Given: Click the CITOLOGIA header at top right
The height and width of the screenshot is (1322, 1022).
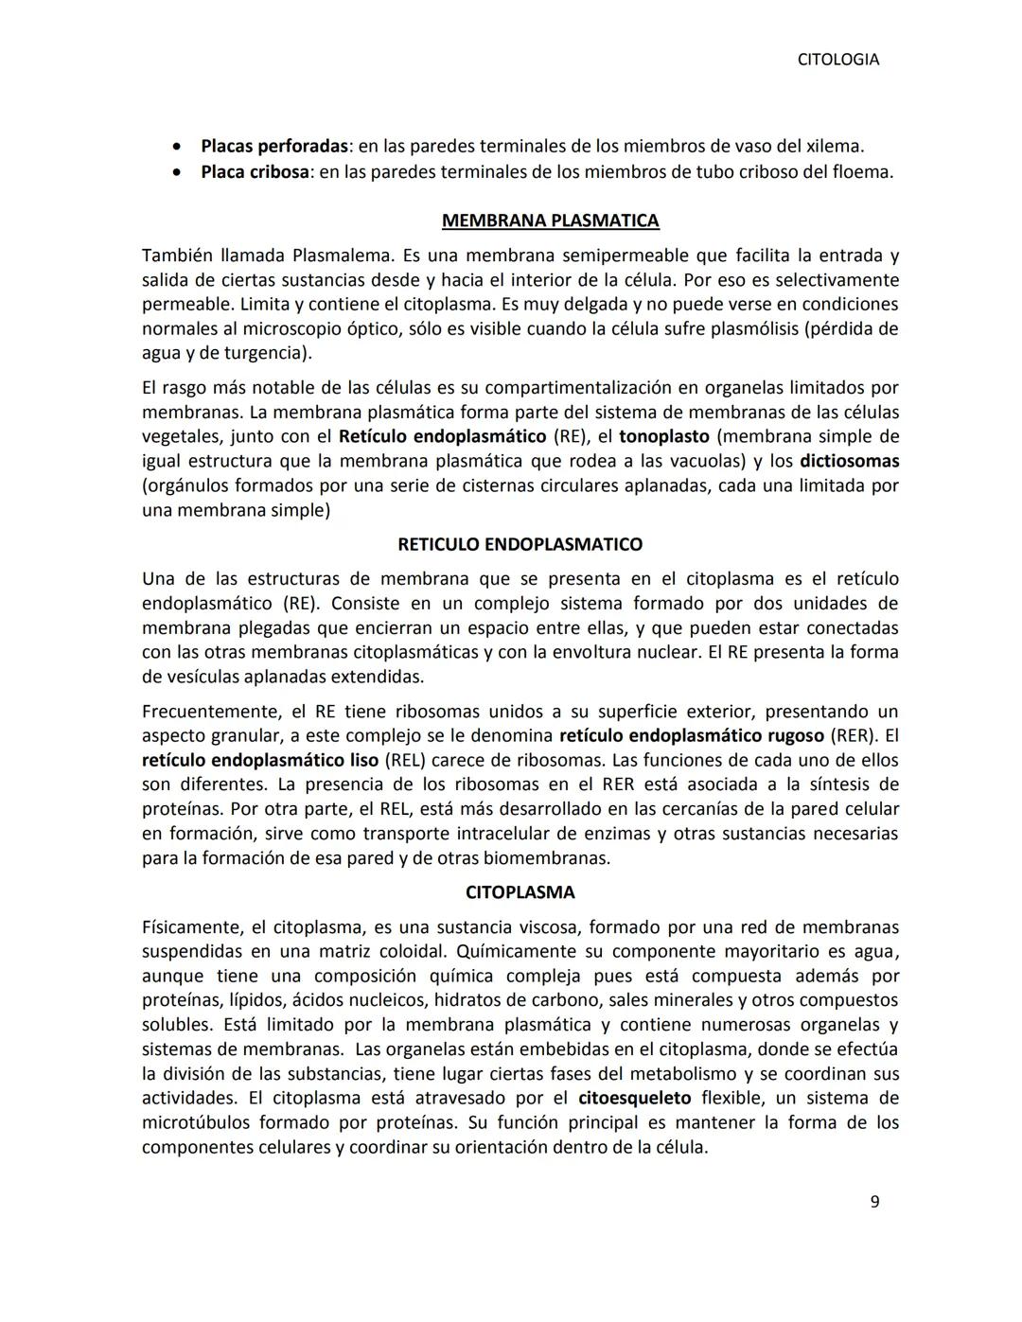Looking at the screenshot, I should click(837, 60).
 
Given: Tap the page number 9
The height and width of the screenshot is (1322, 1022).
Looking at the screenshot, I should click(874, 1202).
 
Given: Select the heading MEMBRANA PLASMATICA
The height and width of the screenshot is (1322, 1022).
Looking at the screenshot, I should click(550, 220).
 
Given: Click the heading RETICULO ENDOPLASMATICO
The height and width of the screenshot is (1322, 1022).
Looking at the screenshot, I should click(520, 544).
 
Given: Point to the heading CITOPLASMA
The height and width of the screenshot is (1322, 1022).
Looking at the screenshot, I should click(520, 892).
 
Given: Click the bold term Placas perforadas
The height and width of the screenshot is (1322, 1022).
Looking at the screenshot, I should click(274, 147).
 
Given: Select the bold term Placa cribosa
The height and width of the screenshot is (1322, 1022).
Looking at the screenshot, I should click(255, 172).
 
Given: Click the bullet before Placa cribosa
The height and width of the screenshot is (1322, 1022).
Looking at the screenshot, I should click(177, 173).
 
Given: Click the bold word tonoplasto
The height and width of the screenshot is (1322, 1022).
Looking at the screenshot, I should click(663, 436).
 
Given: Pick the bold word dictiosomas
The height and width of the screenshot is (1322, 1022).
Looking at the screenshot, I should click(849, 461).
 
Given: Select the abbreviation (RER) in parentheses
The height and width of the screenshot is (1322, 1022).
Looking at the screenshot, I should click(853, 735).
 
